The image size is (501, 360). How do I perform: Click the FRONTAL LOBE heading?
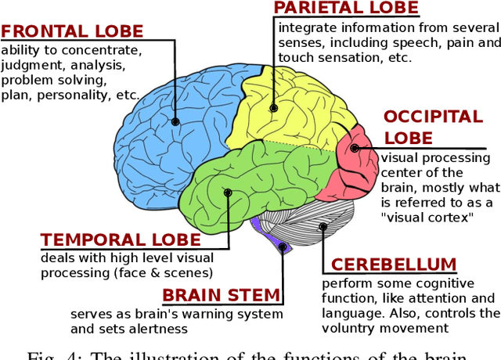[72, 32]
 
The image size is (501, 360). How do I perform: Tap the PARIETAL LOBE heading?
[345, 9]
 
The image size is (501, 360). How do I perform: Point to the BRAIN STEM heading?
[221, 295]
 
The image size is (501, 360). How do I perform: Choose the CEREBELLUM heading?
[393, 265]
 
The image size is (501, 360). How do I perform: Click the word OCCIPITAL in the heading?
[433, 117]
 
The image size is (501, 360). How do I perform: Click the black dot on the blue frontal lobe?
[175, 121]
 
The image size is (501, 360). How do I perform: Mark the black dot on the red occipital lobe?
[355, 147]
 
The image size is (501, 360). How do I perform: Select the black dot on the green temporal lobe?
[228, 192]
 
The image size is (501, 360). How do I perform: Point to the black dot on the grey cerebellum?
[323, 227]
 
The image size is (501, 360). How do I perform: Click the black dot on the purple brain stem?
[283, 245]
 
